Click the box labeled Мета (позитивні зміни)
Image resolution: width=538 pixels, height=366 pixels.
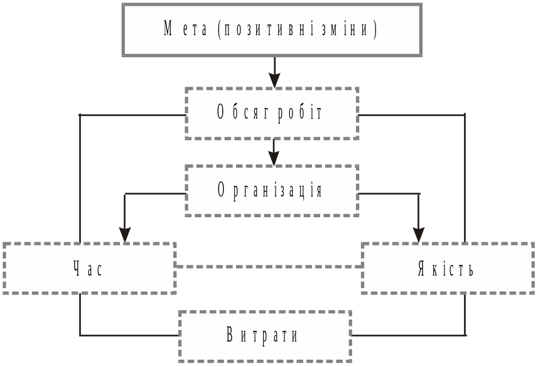pos(271,30)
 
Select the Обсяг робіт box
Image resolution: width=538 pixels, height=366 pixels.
pos(272,113)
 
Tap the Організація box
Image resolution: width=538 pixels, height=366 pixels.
pos(272,191)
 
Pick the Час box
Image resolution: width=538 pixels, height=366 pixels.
pos(89,269)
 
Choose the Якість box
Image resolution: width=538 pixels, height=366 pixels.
pos(447,269)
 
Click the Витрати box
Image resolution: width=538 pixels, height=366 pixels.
pos(264,336)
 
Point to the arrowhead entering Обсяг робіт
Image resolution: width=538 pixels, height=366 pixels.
pos(274,80)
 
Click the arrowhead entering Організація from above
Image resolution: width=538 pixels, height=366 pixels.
pos(274,159)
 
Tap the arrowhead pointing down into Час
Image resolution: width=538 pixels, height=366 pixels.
pos(125,235)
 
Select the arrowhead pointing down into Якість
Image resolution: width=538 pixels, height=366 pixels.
pos(419,235)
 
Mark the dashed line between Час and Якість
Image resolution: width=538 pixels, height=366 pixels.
pos(268,267)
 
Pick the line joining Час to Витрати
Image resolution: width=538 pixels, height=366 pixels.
pos(80,320)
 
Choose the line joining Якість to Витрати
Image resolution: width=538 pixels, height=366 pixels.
pos(465,320)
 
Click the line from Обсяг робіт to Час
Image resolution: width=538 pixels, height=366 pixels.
pos(80,176)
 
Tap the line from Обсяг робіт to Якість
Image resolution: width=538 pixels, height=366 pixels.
pos(465,176)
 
